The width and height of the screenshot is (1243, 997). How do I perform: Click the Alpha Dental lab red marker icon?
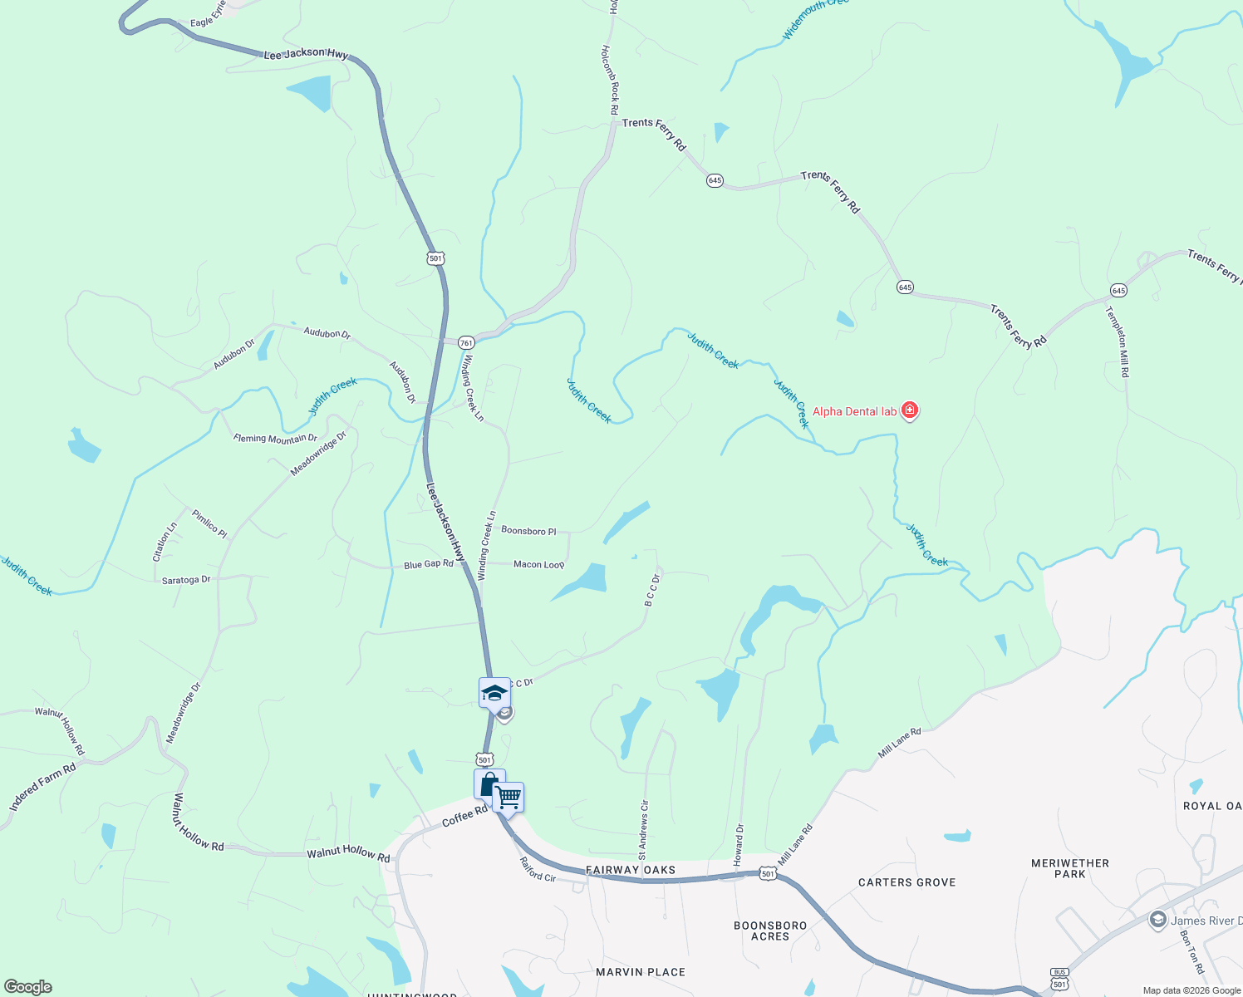coord(910,410)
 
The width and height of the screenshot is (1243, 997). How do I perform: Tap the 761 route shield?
coord(466,343)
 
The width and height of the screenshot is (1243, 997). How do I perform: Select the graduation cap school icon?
coord(494,693)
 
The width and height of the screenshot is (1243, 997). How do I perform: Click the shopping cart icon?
coord(508,798)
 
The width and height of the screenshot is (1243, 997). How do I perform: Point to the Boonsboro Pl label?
coord(528,530)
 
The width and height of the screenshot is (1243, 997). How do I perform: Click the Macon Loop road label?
coord(538,564)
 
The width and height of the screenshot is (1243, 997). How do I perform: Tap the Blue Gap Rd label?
coord(429,564)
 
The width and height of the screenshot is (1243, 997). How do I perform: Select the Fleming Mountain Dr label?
coord(275,439)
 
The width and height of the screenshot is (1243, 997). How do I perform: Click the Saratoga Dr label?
coord(186,580)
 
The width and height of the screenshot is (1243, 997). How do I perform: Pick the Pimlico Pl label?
coord(209,523)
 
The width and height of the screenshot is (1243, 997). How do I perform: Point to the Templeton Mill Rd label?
coord(1118,342)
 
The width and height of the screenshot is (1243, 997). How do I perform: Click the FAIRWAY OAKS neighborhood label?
coord(631,870)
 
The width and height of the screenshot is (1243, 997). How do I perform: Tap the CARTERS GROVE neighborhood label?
coord(906,882)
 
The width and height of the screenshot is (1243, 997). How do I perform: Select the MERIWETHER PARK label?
coord(1069,868)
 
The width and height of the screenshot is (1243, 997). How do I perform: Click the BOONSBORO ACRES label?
coord(770,931)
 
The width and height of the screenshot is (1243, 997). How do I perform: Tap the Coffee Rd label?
coord(464,816)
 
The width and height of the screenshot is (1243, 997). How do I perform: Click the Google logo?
coord(28,987)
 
